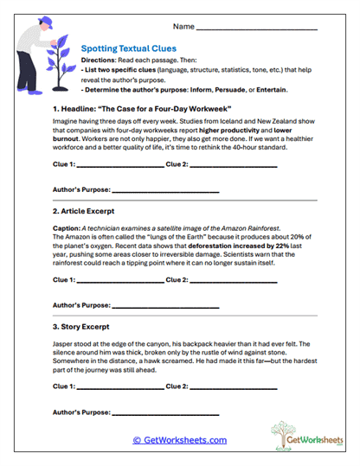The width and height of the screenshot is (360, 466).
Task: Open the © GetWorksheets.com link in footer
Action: pos(179,440)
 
